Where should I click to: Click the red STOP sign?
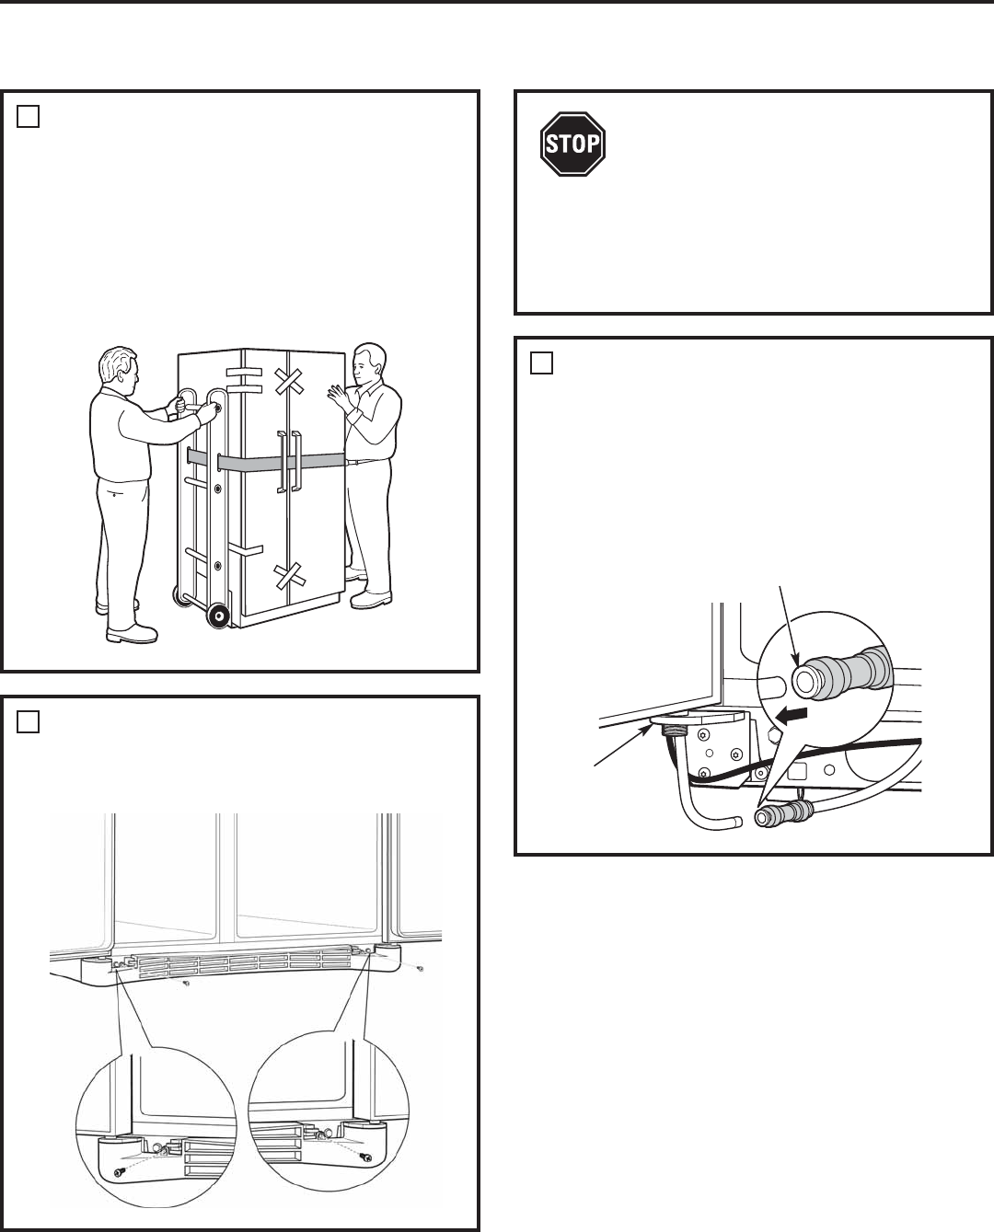tap(572, 144)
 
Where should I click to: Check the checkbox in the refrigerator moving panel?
tap(28, 117)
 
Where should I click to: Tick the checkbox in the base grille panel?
tap(28, 722)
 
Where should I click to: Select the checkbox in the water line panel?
tap(541, 363)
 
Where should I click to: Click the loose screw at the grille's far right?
tap(421, 968)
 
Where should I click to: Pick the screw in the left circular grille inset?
tap(121, 1170)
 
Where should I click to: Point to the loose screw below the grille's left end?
tap(186, 983)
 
